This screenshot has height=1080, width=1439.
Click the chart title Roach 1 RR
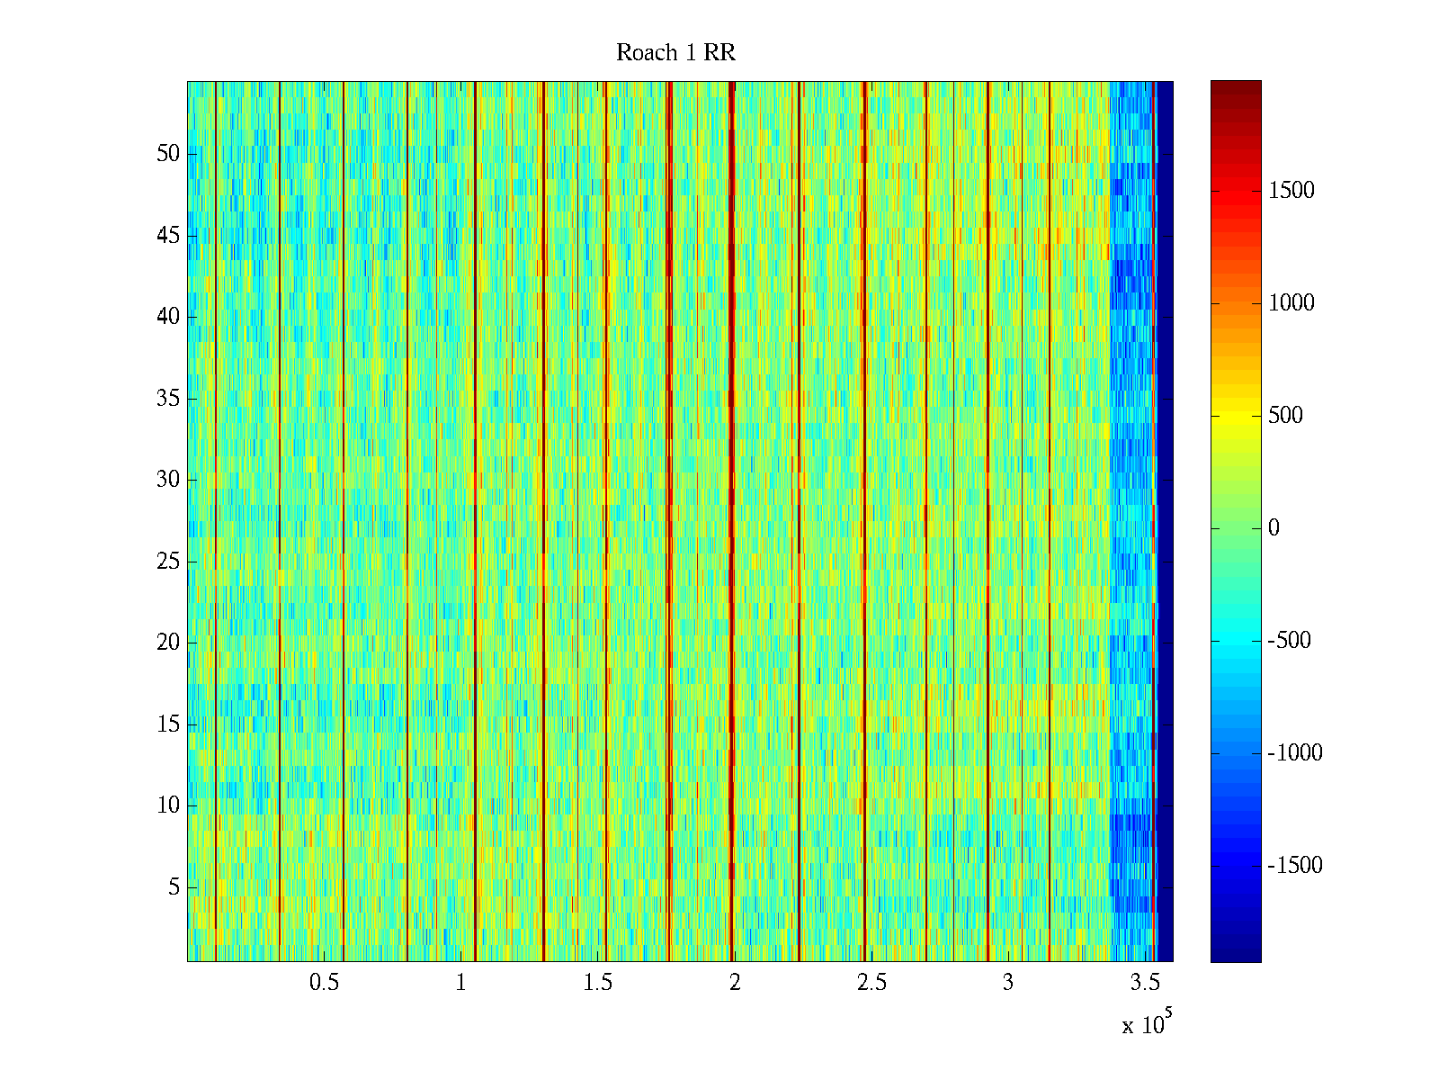[675, 53]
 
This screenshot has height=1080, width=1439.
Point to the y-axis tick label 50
[168, 154]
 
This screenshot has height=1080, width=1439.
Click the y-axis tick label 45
[168, 236]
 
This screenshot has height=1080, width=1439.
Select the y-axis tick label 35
[168, 399]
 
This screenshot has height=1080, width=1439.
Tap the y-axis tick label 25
[168, 562]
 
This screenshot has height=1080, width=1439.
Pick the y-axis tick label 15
[168, 724]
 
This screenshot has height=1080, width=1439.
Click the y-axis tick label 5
[174, 887]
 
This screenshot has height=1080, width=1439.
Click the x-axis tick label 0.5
[325, 983]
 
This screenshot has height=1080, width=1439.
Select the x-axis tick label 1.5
[598, 983]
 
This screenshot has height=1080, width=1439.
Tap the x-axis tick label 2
[735, 983]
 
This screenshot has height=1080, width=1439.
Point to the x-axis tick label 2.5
[871, 983]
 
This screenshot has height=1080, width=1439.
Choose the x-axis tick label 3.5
[1145, 983]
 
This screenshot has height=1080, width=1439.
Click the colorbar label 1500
[1292, 191]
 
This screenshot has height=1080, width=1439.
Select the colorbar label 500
[1285, 416]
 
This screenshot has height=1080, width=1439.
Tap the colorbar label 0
[1274, 528]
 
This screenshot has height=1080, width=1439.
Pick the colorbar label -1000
[1295, 753]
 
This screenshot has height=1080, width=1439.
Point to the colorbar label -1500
[1295, 866]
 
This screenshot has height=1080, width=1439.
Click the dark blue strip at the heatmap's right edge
[1165, 522]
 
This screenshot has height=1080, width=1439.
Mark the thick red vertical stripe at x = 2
[731, 522]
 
